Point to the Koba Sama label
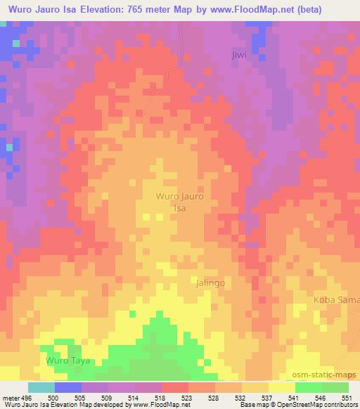point(336,300)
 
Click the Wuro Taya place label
point(67,361)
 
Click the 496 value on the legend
point(25,398)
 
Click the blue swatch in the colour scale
point(68,387)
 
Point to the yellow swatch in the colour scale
point(281,387)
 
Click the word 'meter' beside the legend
point(10,398)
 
